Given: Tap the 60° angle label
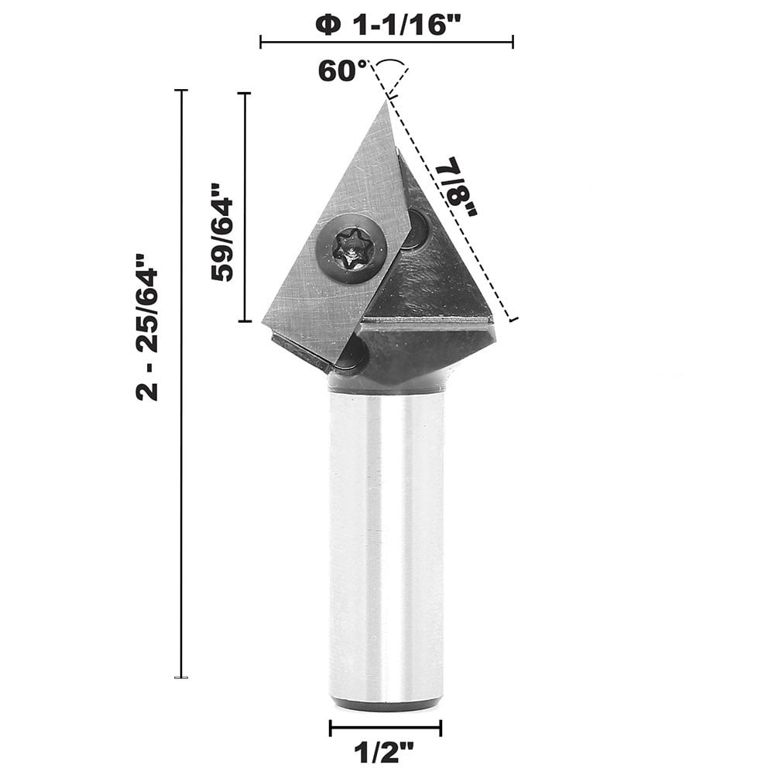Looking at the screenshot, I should [x=342, y=70].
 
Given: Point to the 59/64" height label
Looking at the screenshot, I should [x=222, y=231].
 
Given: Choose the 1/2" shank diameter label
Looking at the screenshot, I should [x=385, y=751].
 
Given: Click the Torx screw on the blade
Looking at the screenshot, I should [x=351, y=249].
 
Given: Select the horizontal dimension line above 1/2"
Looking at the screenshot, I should [x=385, y=728].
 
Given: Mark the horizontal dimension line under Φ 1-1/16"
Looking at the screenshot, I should [x=386, y=42].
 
